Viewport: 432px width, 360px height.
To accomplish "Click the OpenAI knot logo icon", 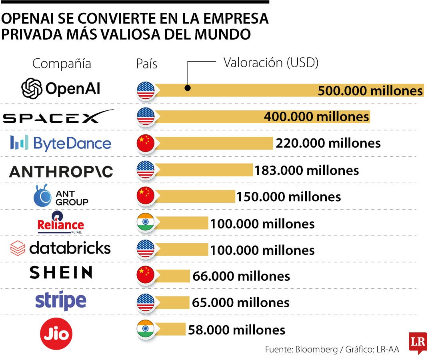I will pos(32,89).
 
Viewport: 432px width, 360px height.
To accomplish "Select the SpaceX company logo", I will pos(60,116).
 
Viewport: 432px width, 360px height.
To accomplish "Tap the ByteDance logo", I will pos(60,143).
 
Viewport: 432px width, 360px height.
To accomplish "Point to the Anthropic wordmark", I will pos(61,172).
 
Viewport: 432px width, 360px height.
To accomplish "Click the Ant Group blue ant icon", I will pos(43,196).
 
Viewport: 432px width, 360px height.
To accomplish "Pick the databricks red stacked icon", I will pos(18,248).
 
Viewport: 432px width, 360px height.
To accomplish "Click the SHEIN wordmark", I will pos(61,273).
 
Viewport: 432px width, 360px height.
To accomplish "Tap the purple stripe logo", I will pos(61,301).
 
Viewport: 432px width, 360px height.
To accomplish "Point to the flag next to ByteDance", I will pos(146,143).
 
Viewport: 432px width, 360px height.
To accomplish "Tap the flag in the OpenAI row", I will pos(146,90).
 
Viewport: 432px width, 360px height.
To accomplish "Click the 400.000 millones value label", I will pos(316,117).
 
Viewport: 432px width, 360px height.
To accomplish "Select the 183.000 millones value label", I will pos(307,170).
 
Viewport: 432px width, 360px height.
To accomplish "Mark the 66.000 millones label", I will pos(241,276).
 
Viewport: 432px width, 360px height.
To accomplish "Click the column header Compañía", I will pos(62,64).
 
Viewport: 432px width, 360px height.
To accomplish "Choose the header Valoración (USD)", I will pos(271,63).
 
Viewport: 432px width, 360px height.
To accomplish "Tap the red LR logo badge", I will pos(418,342).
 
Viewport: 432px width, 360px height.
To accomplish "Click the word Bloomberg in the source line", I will pos(316,349).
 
